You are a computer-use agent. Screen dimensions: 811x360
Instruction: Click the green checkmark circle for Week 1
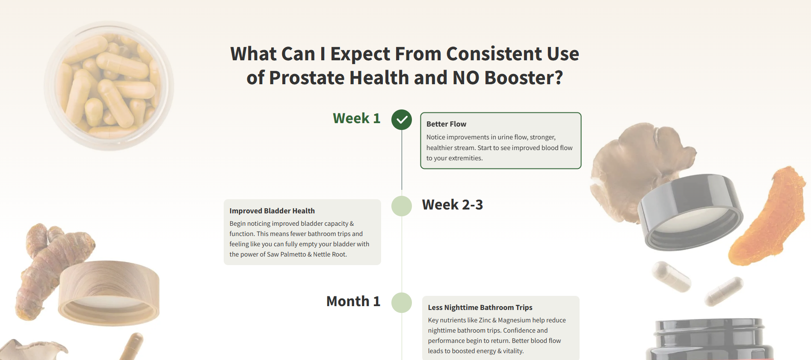point(402,120)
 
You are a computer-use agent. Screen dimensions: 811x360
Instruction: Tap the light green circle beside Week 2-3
point(402,206)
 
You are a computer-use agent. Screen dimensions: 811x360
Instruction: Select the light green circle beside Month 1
point(402,303)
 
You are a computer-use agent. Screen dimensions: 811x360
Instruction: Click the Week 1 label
point(357,118)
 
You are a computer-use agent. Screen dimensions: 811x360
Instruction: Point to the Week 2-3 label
point(453,205)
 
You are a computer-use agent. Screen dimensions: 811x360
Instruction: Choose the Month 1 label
point(353,301)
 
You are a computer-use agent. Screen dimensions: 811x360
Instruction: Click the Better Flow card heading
point(446,124)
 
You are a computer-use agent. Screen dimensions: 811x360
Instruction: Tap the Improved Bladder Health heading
point(272,211)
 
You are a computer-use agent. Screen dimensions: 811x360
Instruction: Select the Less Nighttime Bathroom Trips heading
point(480,307)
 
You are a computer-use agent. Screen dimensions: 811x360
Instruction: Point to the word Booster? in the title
point(524,78)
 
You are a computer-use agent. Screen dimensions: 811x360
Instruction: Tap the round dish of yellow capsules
point(109,86)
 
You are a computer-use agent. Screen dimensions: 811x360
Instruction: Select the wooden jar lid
point(109,292)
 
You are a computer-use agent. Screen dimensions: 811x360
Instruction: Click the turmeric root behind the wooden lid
point(47,265)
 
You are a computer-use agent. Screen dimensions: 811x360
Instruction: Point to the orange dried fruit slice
point(766,216)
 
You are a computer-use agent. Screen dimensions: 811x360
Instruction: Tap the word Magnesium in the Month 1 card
point(515,320)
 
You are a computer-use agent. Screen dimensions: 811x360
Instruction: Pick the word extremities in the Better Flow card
point(466,158)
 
